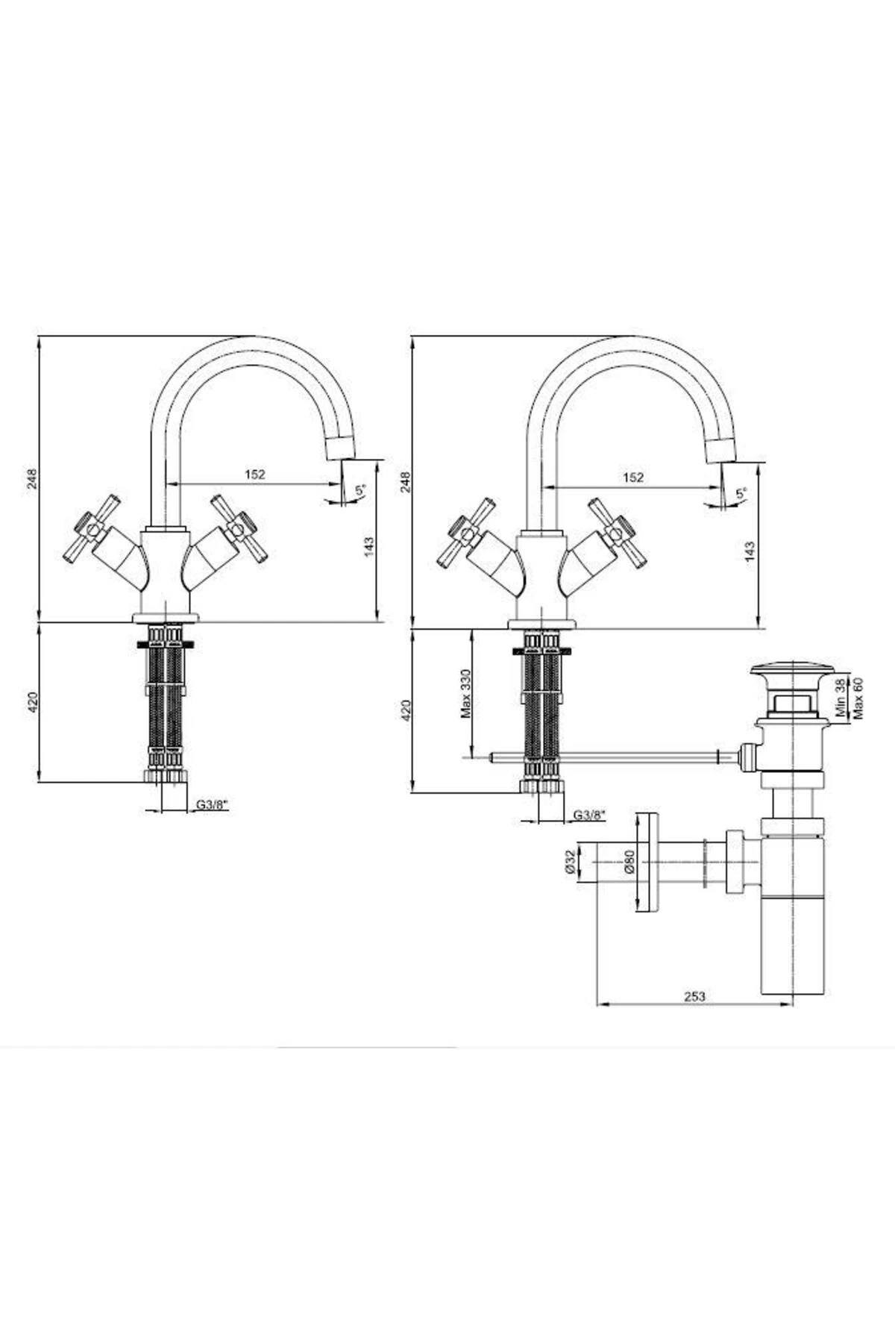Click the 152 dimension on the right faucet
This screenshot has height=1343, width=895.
(632, 478)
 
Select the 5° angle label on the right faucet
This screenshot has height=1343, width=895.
(741, 493)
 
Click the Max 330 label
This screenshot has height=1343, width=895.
(466, 693)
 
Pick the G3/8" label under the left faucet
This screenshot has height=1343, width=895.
(213, 805)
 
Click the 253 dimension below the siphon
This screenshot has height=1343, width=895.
(694, 996)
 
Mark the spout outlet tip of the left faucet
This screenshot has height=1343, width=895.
(342, 448)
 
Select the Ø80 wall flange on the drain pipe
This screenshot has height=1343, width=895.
(647, 862)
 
